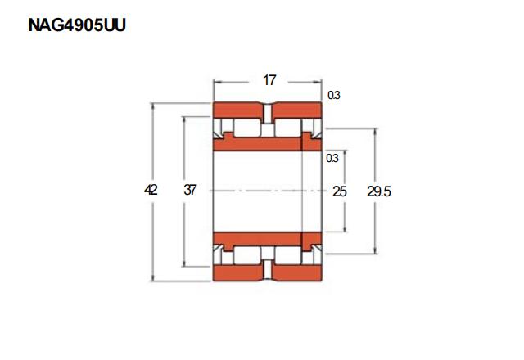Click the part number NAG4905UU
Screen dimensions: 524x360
pos(77,25)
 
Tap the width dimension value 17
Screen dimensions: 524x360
pos(269,80)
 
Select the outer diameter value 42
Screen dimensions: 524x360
pos(151,190)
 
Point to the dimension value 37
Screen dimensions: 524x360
pos(190,190)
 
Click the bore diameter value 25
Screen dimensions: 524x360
pos(340,191)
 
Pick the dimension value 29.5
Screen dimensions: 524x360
pos(378,191)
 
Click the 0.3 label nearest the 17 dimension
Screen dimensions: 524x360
pos(333,95)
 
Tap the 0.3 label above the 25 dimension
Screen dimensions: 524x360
pos(332,158)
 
